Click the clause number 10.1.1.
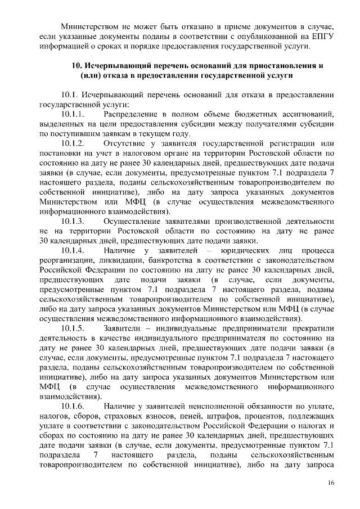coord(73,115)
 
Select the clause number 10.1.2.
coord(73,143)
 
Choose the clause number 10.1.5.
coord(73,328)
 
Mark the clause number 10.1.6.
coord(73,406)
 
